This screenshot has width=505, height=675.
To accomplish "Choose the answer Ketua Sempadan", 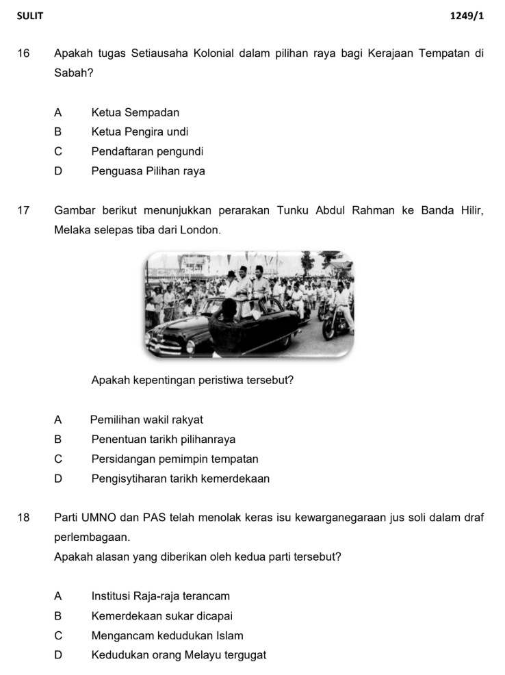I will pos(135,112).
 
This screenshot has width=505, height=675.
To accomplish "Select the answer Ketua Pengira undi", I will pos(140,131).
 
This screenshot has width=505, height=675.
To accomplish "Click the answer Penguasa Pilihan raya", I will pos(148,171).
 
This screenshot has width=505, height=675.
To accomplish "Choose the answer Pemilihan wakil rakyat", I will pos(146,420).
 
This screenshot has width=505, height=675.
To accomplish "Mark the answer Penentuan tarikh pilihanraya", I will pos(163,440).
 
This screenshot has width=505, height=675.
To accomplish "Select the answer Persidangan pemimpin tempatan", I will pos(174,459).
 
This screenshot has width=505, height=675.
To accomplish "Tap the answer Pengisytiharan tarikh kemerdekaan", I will pos(180,479).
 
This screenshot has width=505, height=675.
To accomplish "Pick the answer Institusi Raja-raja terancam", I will pos(160,596).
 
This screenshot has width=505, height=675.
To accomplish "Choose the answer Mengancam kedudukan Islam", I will pos(167,636).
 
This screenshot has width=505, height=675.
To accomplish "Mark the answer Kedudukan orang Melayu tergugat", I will pos(179,655).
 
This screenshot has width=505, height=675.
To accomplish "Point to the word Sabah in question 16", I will pos(70,73).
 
